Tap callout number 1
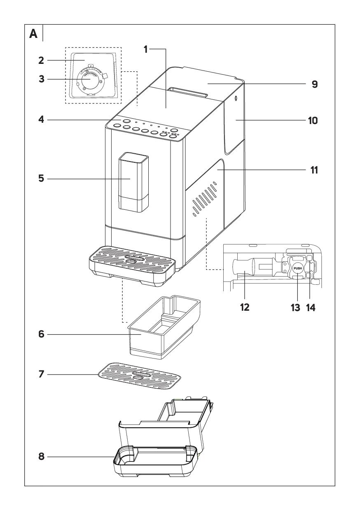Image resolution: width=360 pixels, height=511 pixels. click(145, 49)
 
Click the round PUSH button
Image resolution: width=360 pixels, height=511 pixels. click(298, 268)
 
